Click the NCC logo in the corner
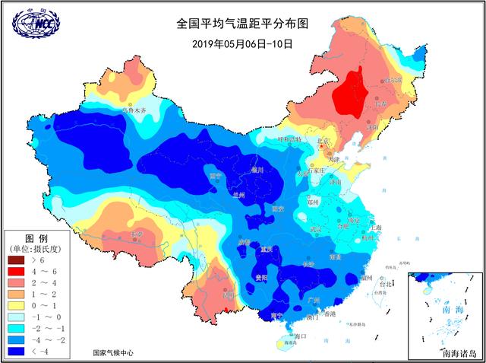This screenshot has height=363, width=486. tap(33, 24)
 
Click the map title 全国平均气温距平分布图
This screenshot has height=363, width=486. tap(242, 24)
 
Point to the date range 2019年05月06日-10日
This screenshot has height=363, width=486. tap(241, 43)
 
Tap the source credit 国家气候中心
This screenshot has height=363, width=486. tap(113, 353)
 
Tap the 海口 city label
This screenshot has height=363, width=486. tap(299, 336)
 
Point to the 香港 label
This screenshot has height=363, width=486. tap(329, 314)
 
